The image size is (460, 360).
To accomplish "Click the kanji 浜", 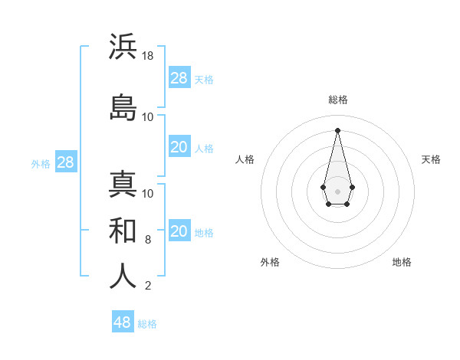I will click(123, 47).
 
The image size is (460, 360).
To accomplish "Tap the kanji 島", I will click(123, 106).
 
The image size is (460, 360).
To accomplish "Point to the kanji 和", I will click(123, 231).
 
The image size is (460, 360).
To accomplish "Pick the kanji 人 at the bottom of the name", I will click(123, 277).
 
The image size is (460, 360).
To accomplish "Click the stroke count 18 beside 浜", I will click(148, 56).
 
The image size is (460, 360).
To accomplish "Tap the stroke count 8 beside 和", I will click(148, 240).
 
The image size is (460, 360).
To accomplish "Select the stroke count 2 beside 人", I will click(148, 286).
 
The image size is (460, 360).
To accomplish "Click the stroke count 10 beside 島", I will click(148, 116).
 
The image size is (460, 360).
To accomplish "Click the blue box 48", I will click(122, 322).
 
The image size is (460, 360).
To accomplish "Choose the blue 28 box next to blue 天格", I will click(179, 78).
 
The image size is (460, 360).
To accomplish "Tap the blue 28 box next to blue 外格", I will click(65, 162).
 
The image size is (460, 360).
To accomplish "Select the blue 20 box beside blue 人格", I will click(179, 147).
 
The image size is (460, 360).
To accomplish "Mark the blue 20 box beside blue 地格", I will click(179, 231).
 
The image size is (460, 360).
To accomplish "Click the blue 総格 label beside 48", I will click(147, 324).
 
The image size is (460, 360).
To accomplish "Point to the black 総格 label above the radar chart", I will click(337, 100).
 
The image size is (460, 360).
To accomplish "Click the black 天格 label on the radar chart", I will click(431, 159).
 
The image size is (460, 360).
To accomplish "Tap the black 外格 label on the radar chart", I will click(270, 262).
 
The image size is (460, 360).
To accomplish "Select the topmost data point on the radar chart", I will click(337, 129).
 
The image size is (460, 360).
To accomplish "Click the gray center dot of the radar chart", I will click(337, 190).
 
